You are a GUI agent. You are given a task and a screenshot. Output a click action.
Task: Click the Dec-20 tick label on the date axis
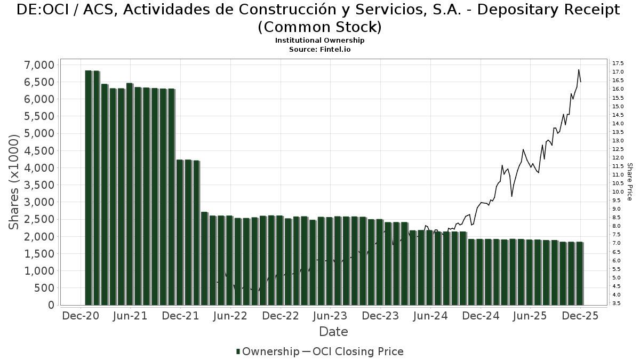[x=80, y=316]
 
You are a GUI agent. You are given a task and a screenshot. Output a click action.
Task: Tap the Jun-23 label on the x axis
[x=330, y=316]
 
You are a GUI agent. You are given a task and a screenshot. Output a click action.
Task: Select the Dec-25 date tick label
[x=580, y=316]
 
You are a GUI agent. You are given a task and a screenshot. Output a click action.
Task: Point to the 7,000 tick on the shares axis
[x=39, y=65]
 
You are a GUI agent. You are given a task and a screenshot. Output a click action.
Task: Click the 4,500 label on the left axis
[x=39, y=151]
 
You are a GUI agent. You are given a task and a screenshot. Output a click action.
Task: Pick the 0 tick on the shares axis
[x=51, y=305]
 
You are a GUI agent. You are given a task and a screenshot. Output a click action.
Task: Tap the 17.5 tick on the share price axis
[x=619, y=63]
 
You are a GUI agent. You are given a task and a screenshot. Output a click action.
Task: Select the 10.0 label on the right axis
[x=619, y=192]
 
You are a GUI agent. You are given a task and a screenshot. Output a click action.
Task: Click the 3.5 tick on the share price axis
[x=617, y=303]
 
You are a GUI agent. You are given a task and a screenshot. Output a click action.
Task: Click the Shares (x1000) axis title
[x=14, y=181]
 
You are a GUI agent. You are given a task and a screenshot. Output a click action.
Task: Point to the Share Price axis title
[x=629, y=182]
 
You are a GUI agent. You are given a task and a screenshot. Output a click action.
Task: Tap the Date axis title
[x=333, y=332]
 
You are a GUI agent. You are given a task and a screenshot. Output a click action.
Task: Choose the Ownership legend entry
[x=268, y=351]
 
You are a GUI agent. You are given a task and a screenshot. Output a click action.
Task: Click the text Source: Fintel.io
[x=319, y=49]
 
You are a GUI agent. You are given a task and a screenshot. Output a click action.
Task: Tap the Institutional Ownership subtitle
[x=319, y=41]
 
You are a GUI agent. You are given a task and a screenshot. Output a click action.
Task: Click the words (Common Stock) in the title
[x=319, y=27]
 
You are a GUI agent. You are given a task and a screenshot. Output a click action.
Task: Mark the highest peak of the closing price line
[x=579, y=70]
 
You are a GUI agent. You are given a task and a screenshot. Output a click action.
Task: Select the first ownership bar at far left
[x=89, y=188]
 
